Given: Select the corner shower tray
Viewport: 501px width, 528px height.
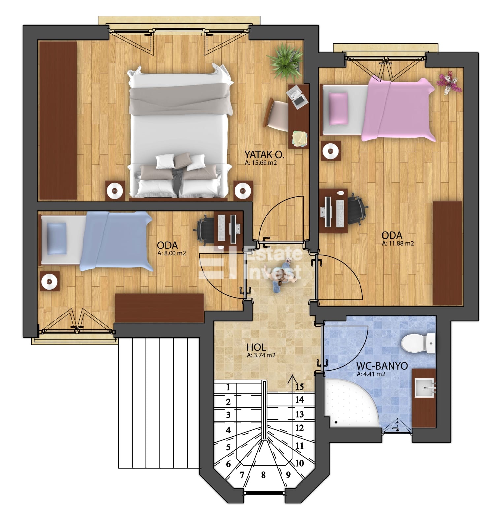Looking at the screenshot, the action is tap(352, 403).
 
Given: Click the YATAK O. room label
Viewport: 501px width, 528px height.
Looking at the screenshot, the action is tap(264, 154).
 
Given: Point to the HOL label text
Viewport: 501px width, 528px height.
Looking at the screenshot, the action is tap(256, 347).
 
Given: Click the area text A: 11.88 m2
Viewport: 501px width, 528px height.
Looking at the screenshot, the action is tap(398, 244).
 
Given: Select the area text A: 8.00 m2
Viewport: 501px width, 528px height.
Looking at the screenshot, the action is tap(172, 253).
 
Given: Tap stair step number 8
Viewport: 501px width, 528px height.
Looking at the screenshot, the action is tap(263, 475).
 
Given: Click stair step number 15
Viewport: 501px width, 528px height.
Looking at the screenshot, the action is tap(299, 387).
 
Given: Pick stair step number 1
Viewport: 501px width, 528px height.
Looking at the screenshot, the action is tap(228, 387).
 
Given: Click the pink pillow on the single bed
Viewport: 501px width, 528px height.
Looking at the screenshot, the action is tap(338, 109).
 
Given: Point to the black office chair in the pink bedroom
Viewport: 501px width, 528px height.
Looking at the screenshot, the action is tap(357, 210).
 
